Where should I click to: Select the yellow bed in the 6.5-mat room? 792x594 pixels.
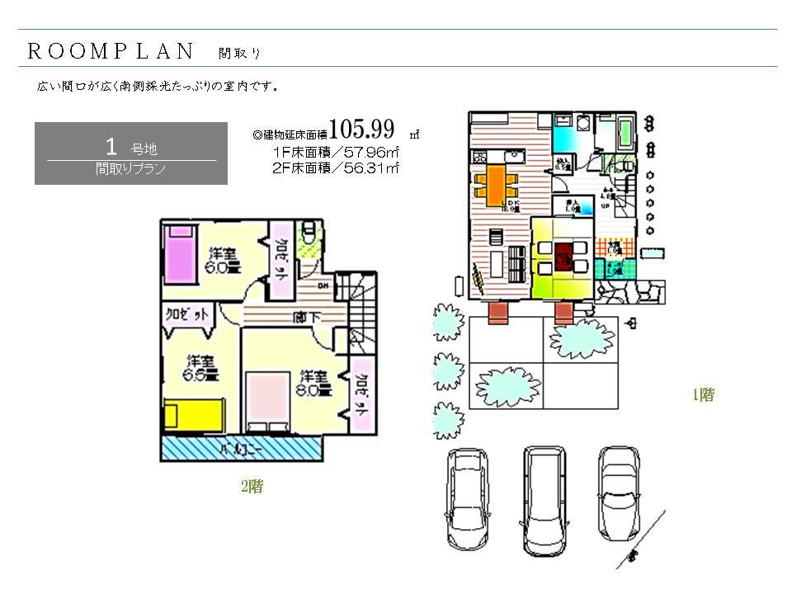click(x=193, y=413)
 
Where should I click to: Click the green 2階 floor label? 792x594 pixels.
click(x=252, y=487)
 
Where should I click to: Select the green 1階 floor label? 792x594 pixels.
click(x=703, y=395)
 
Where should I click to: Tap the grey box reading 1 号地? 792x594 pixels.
click(x=131, y=153)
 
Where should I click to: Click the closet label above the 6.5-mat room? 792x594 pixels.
click(x=187, y=314)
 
